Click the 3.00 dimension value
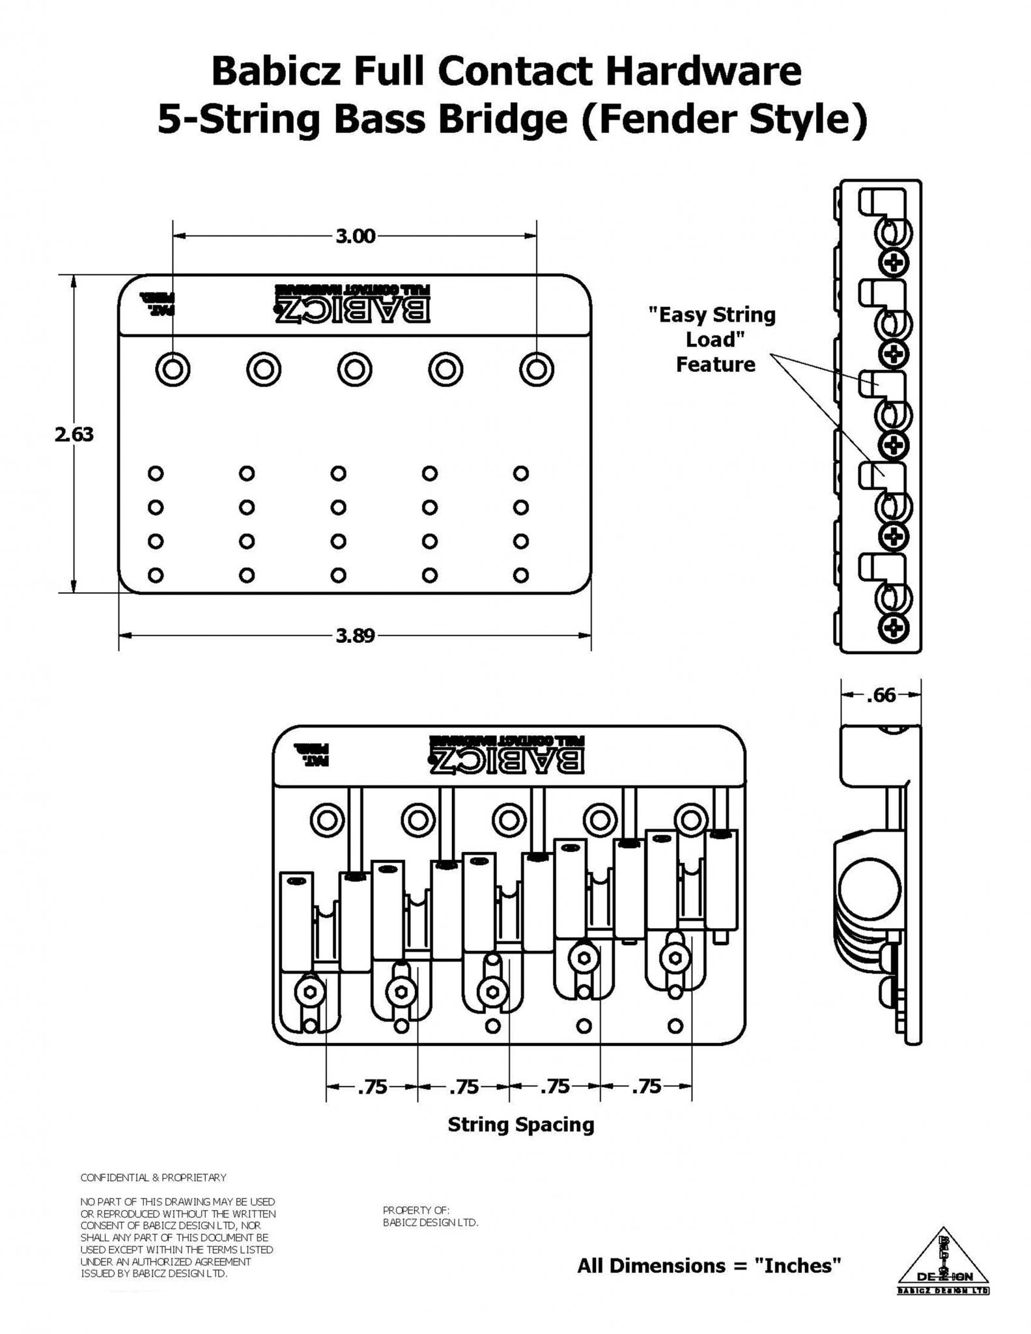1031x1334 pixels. (356, 236)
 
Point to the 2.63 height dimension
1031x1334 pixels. (74, 434)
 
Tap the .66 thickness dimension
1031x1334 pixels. (881, 696)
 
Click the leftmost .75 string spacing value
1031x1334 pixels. (373, 1086)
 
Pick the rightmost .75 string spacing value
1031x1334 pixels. (646, 1086)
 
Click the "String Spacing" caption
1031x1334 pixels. (520, 1125)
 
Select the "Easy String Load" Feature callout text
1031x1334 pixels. (715, 339)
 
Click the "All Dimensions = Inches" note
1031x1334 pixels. (709, 1266)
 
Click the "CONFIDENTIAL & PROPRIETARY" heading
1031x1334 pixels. (153, 1178)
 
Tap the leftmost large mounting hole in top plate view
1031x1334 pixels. (173, 370)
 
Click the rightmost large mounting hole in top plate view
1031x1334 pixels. (536, 370)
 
